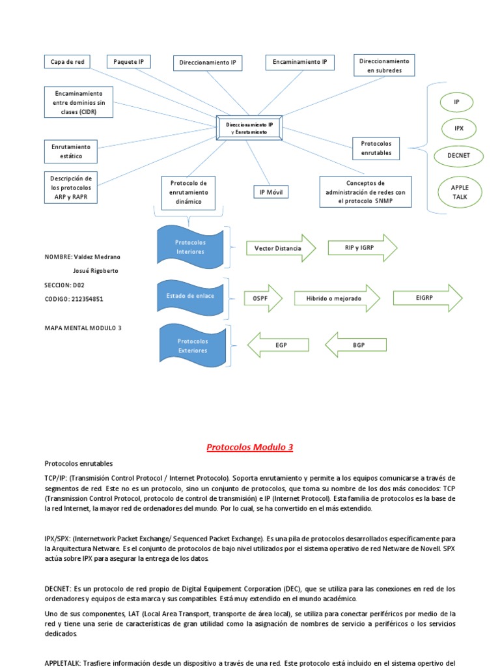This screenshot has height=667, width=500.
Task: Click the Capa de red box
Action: (x=67, y=62)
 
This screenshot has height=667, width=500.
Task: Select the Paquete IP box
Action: (x=128, y=62)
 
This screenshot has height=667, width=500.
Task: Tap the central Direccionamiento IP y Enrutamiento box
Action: (x=249, y=128)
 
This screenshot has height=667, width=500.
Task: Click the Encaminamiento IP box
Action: (x=300, y=62)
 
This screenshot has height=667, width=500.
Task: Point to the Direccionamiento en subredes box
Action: (x=384, y=65)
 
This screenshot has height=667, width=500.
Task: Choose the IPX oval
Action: (x=459, y=128)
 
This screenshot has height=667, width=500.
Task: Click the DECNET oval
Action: (x=459, y=156)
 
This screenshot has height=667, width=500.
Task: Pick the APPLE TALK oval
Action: (x=459, y=192)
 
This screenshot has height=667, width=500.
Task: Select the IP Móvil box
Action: (x=270, y=192)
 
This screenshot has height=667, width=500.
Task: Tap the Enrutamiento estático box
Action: (x=71, y=151)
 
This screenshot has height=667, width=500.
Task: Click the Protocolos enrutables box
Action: (x=376, y=148)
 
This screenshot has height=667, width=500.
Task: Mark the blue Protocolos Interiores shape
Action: (x=189, y=247)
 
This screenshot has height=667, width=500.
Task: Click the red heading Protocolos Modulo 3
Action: (x=250, y=447)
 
